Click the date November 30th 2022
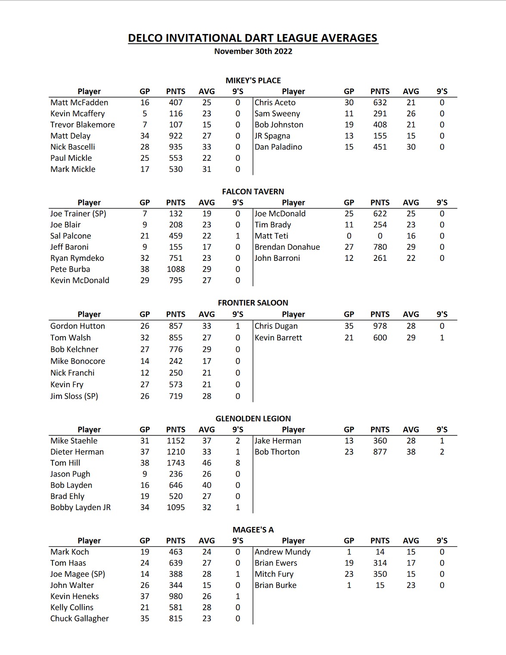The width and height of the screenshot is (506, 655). click(253, 51)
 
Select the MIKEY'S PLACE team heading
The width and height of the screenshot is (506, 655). click(253, 80)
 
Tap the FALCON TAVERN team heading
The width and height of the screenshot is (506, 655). click(253, 192)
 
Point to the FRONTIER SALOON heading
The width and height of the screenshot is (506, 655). click(253, 303)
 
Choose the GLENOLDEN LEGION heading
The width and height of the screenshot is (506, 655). click(253, 419)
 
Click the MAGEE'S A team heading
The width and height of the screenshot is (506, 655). click(253, 530)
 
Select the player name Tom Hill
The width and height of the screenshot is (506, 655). click(65, 463)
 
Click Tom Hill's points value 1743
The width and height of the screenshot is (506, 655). click(176, 463)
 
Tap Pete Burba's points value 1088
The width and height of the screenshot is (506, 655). click(176, 269)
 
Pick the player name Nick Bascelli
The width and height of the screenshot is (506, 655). click(73, 147)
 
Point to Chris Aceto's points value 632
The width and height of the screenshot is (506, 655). click(380, 103)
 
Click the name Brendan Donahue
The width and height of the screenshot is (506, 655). click(287, 247)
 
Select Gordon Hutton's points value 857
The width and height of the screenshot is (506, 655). click(176, 326)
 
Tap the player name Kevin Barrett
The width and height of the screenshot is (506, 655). click(278, 338)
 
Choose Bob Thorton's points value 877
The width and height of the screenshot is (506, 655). click(380, 452)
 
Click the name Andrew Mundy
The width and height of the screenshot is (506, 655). click(282, 552)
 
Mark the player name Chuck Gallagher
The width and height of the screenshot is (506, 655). click(80, 618)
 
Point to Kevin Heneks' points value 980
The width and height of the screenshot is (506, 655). click(176, 596)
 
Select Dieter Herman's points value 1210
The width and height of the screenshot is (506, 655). click(176, 452)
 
